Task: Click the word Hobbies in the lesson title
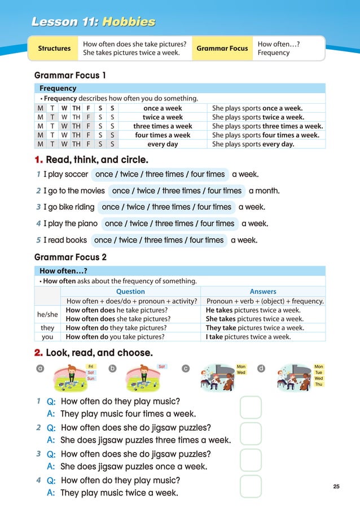[x=128, y=22]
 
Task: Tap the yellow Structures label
[x=54, y=49]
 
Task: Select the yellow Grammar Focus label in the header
[x=222, y=49]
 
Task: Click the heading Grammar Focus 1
[x=70, y=75]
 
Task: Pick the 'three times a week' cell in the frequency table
[x=163, y=126]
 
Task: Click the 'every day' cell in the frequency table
[x=163, y=144]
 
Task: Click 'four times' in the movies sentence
[x=224, y=191]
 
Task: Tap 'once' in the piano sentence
[x=113, y=223]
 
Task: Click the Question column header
[x=130, y=292]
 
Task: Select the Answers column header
[x=263, y=292]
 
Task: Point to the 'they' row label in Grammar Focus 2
[x=47, y=328]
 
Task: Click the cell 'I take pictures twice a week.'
[x=249, y=337]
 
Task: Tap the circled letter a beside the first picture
[x=40, y=369]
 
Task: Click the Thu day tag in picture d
[x=319, y=384]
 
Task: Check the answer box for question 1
[x=251, y=407]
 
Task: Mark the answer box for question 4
[x=251, y=486]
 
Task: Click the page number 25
[x=336, y=486]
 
